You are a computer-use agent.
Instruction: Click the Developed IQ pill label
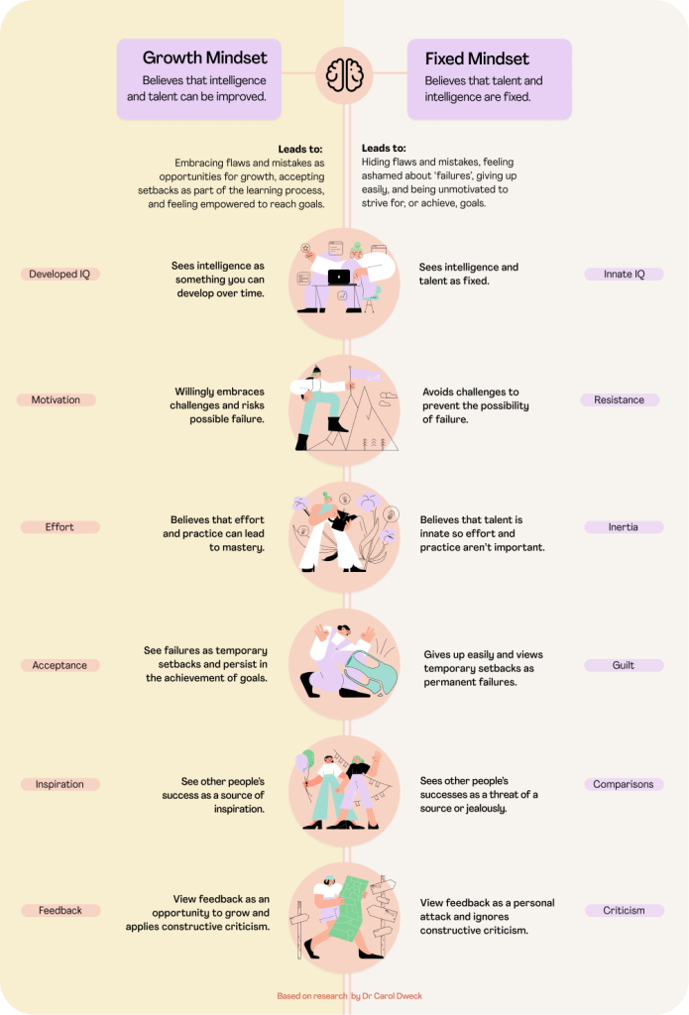click(59, 275)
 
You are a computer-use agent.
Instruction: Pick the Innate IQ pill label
click(624, 274)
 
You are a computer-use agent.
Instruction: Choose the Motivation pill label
click(56, 400)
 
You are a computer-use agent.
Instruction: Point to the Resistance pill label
click(620, 400)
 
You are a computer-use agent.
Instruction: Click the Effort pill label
click(59, 527)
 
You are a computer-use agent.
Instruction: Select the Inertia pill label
click(624, 527)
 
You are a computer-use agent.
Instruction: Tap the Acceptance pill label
click(59, 666)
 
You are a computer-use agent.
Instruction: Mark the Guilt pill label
click(624, 666)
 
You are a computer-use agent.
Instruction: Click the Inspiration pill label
click(59, 784)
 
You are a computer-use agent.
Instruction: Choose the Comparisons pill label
click(624, 784)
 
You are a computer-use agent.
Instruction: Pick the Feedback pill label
click(59, 910)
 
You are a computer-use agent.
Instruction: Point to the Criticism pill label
click(624, 910)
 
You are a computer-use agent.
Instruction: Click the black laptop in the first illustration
click(339, 279)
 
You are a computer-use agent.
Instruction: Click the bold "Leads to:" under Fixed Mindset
click(383, 149)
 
